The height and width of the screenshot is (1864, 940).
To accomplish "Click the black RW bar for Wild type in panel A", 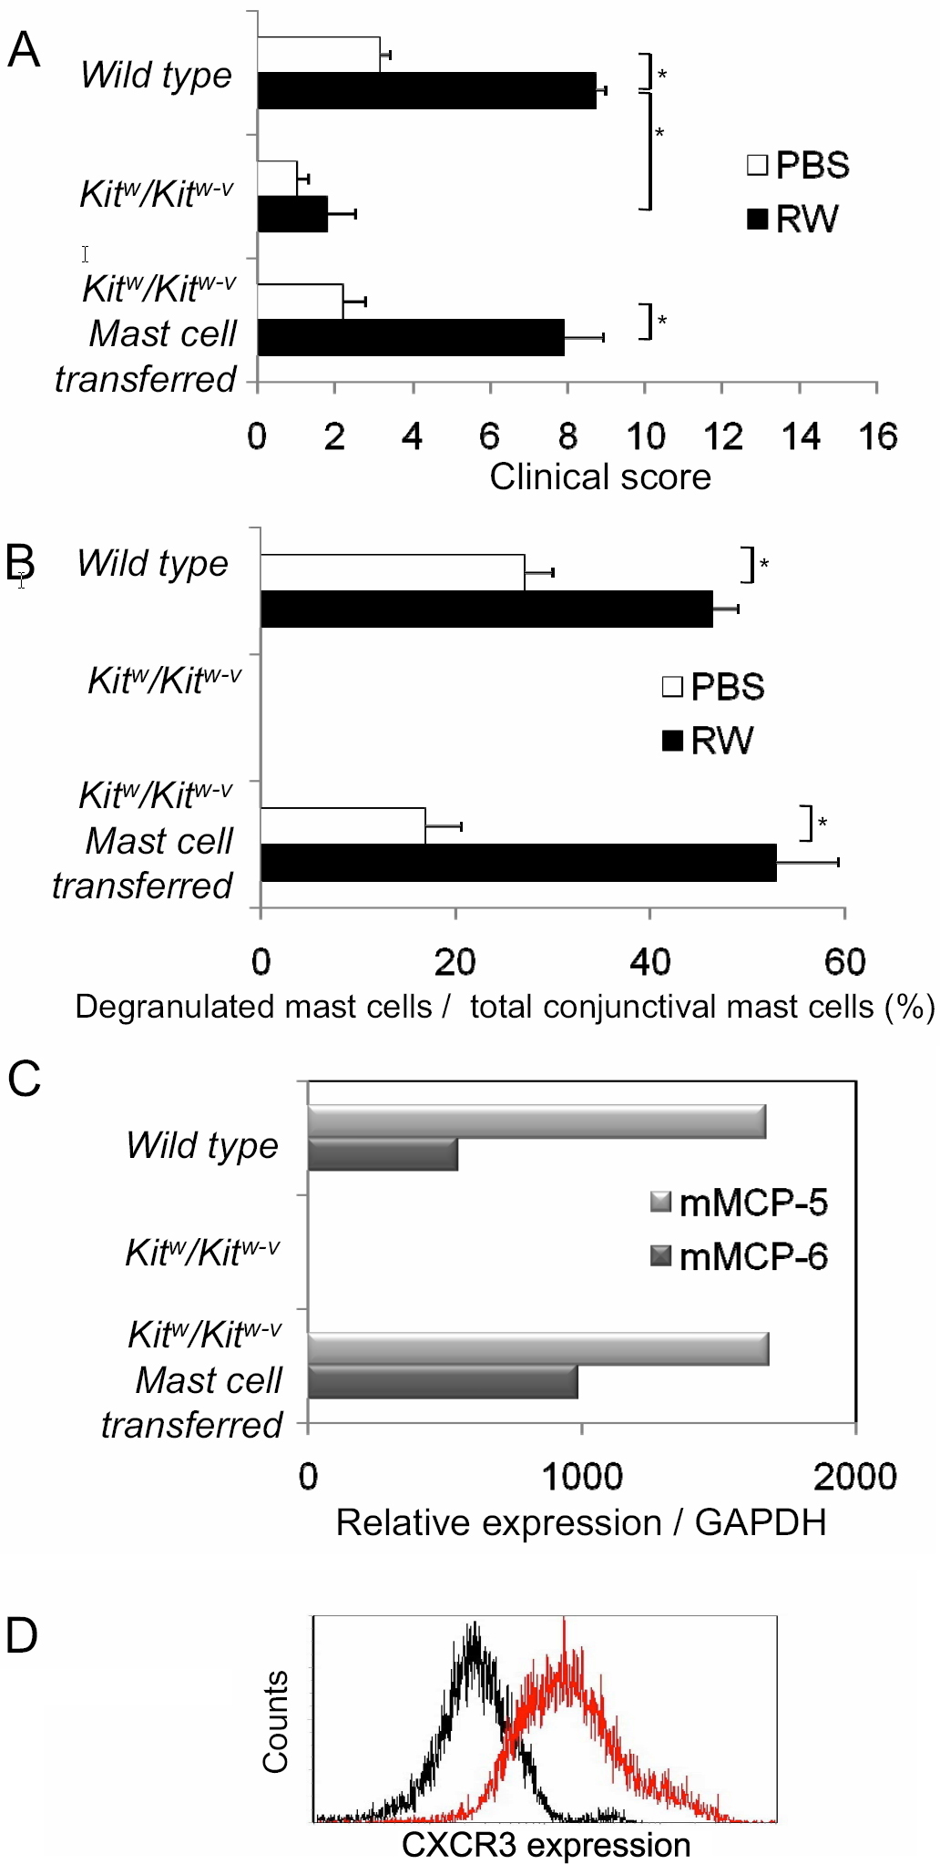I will (426, 91).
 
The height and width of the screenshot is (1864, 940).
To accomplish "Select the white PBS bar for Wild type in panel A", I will (319, 55).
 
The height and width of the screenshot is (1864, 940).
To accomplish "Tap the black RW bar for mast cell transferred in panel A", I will (411, 337).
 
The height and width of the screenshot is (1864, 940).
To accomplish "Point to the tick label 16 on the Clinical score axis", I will (877, 436).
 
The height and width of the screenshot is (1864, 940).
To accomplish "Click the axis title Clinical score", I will (600, 477).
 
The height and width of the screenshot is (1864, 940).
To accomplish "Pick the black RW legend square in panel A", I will (757, 220).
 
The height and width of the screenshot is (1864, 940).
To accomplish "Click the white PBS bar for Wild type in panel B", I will (393, 572).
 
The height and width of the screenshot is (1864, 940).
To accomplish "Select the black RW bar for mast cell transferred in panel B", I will (518, 863).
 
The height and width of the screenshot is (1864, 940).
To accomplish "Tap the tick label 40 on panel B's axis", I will (649, 962).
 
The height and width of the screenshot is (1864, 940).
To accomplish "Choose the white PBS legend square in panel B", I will (672, 687).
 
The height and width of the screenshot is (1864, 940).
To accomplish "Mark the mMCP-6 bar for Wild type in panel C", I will (383, 1154).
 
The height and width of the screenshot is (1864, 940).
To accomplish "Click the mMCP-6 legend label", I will (753, 1257).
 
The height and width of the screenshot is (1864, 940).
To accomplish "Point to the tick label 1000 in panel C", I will (581, 1477).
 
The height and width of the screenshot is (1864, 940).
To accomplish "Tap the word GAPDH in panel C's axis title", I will (761, 1523).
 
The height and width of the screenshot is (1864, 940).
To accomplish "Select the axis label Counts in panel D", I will (275, 1722).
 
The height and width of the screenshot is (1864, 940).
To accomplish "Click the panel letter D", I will (22, 1636).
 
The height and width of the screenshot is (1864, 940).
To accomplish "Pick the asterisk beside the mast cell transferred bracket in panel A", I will (662, 321).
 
